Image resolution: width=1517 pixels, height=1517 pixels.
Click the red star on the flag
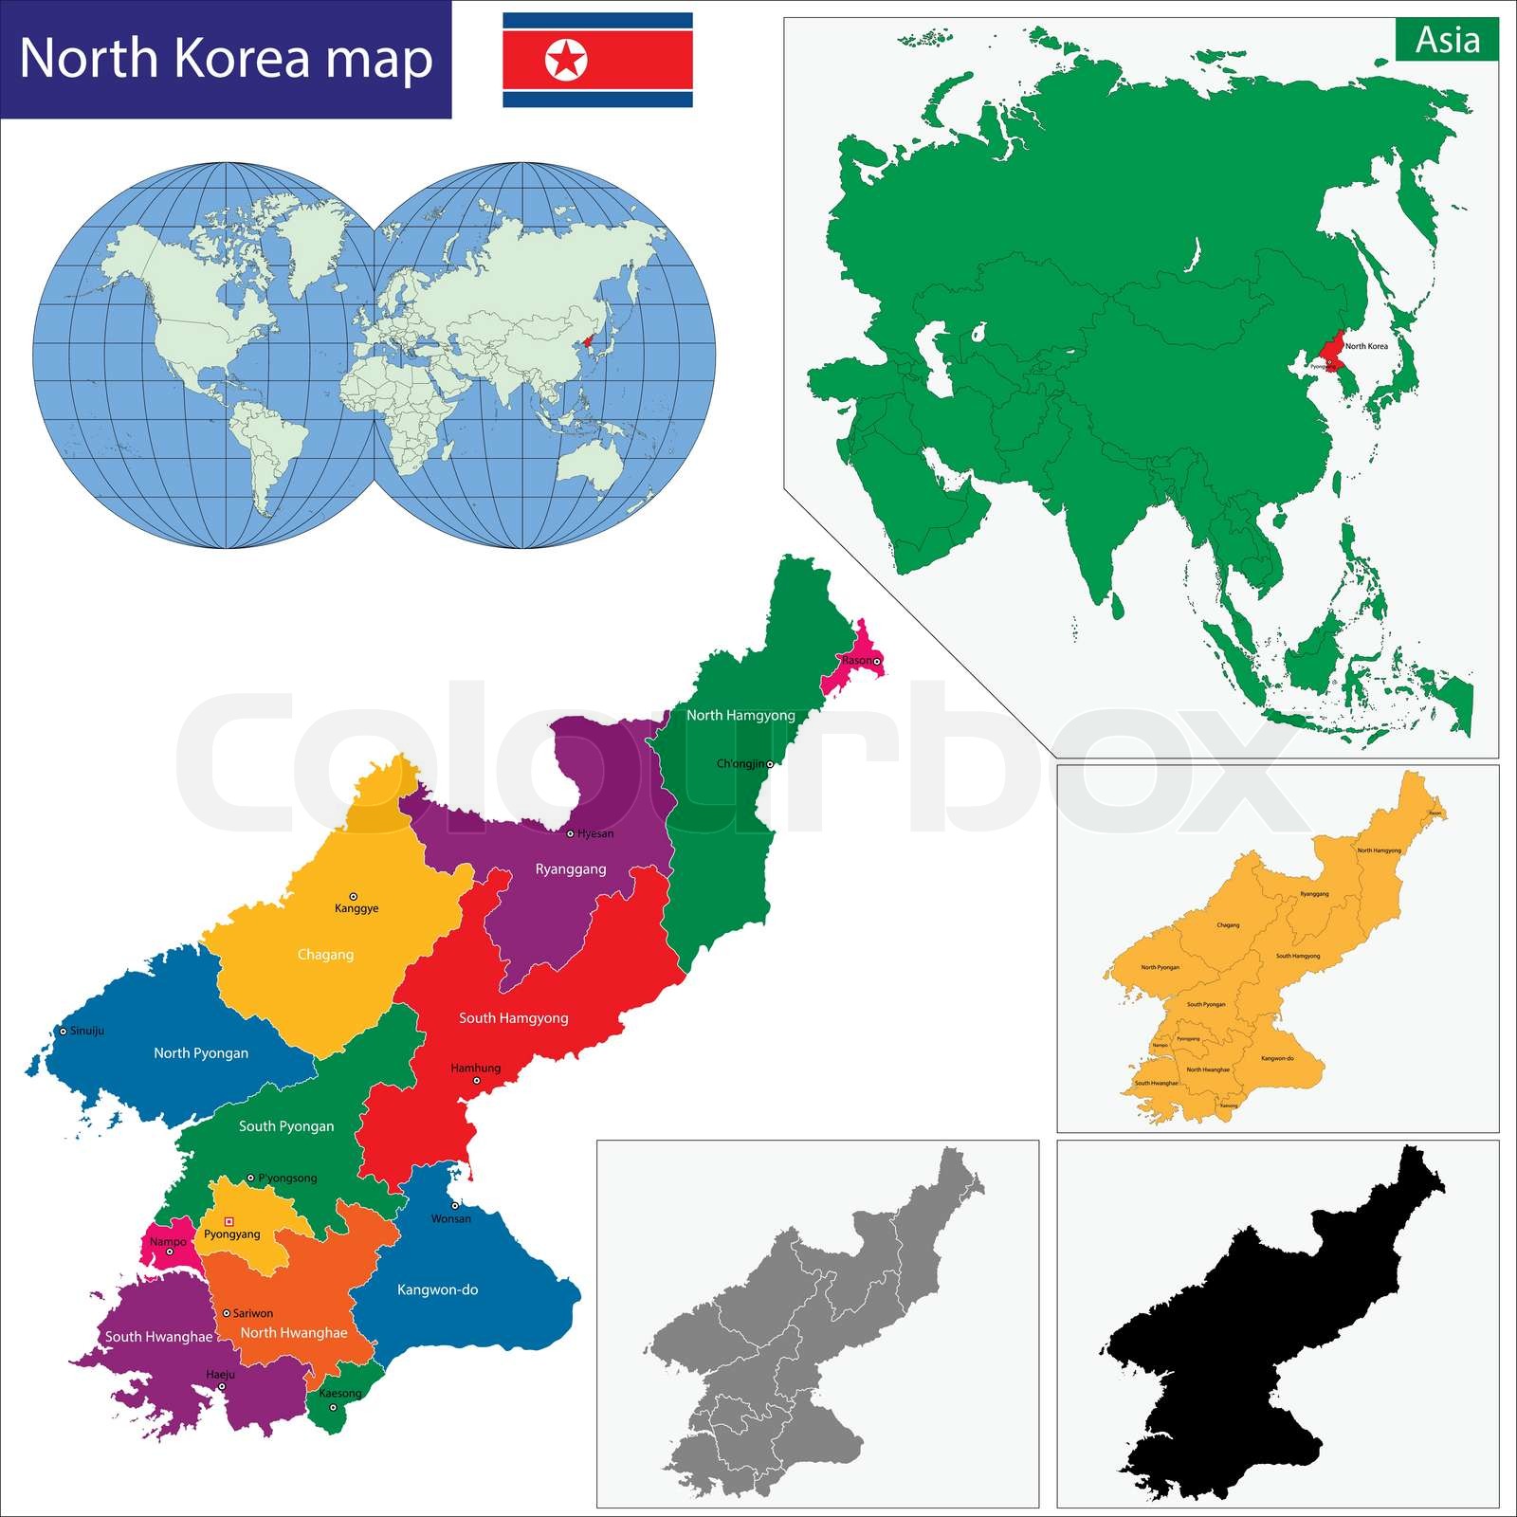click(x=566, y=60)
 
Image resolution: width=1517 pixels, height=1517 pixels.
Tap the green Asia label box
click(x=1447, y=40)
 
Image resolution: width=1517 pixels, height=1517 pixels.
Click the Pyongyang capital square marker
click(x=228, y=1222)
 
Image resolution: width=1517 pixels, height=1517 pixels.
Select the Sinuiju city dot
click(x=64, y=1031)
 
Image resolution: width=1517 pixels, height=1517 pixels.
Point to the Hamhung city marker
click(x=477, y=1081)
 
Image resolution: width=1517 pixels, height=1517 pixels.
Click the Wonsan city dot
click(x=455, y=1206)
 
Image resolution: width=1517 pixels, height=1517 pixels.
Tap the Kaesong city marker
click(x=333, y=1407)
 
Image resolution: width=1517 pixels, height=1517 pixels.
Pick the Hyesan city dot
click(x=570, y=834)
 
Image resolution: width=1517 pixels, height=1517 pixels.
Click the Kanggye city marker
click(x=354, y=896)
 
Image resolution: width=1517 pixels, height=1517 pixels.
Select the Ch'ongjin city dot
click(x=770, y=763)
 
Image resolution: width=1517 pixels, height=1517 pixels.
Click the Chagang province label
click(x=325, y=955)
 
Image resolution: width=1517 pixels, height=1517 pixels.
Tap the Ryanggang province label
click(x=571, y=869)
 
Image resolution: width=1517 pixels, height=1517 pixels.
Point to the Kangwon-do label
click(x=437, y=1289)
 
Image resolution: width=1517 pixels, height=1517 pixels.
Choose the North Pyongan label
click(x=201, y=1053)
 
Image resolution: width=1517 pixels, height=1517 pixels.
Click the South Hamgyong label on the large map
click(x=514, y=1018)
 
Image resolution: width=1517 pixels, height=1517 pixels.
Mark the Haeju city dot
click(x=222, y=1386)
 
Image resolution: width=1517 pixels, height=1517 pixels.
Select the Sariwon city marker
click(x=226, y=1313)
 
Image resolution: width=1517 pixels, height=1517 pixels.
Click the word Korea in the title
click(x=244, y=59)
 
